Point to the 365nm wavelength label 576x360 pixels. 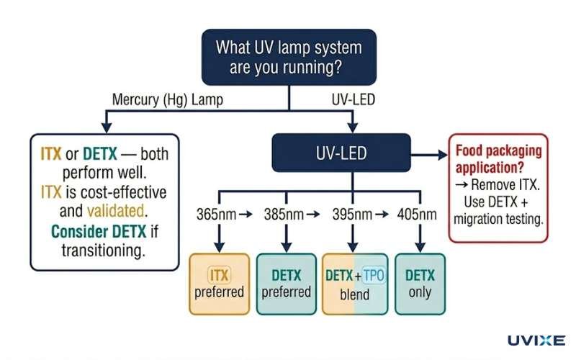(214, 215)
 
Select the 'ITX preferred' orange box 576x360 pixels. (219, 284)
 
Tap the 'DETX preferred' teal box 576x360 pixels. (286, 284)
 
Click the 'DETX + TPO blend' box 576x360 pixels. (354, 284)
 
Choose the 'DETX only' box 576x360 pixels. (420, 284)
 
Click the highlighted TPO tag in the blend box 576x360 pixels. (374, 276)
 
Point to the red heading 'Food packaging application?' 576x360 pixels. (498, 160)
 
